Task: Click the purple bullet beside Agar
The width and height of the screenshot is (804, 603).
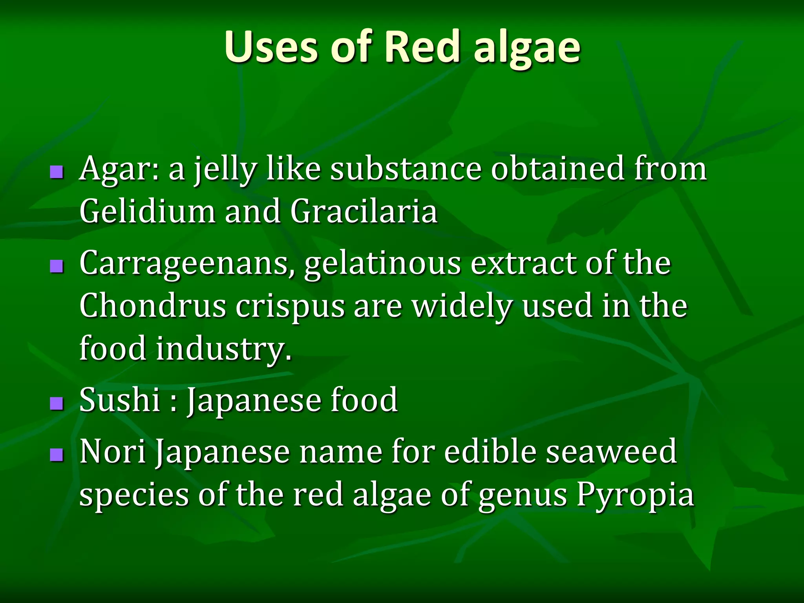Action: [x=57, y=172]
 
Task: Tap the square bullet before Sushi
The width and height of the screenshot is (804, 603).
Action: [x=57, y=403]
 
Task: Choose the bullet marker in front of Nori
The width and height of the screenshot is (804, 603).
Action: [x=57, y=455]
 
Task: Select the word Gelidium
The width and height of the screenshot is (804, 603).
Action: [x=147, y=211]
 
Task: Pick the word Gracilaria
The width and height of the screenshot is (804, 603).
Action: [x=364, y=211]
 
